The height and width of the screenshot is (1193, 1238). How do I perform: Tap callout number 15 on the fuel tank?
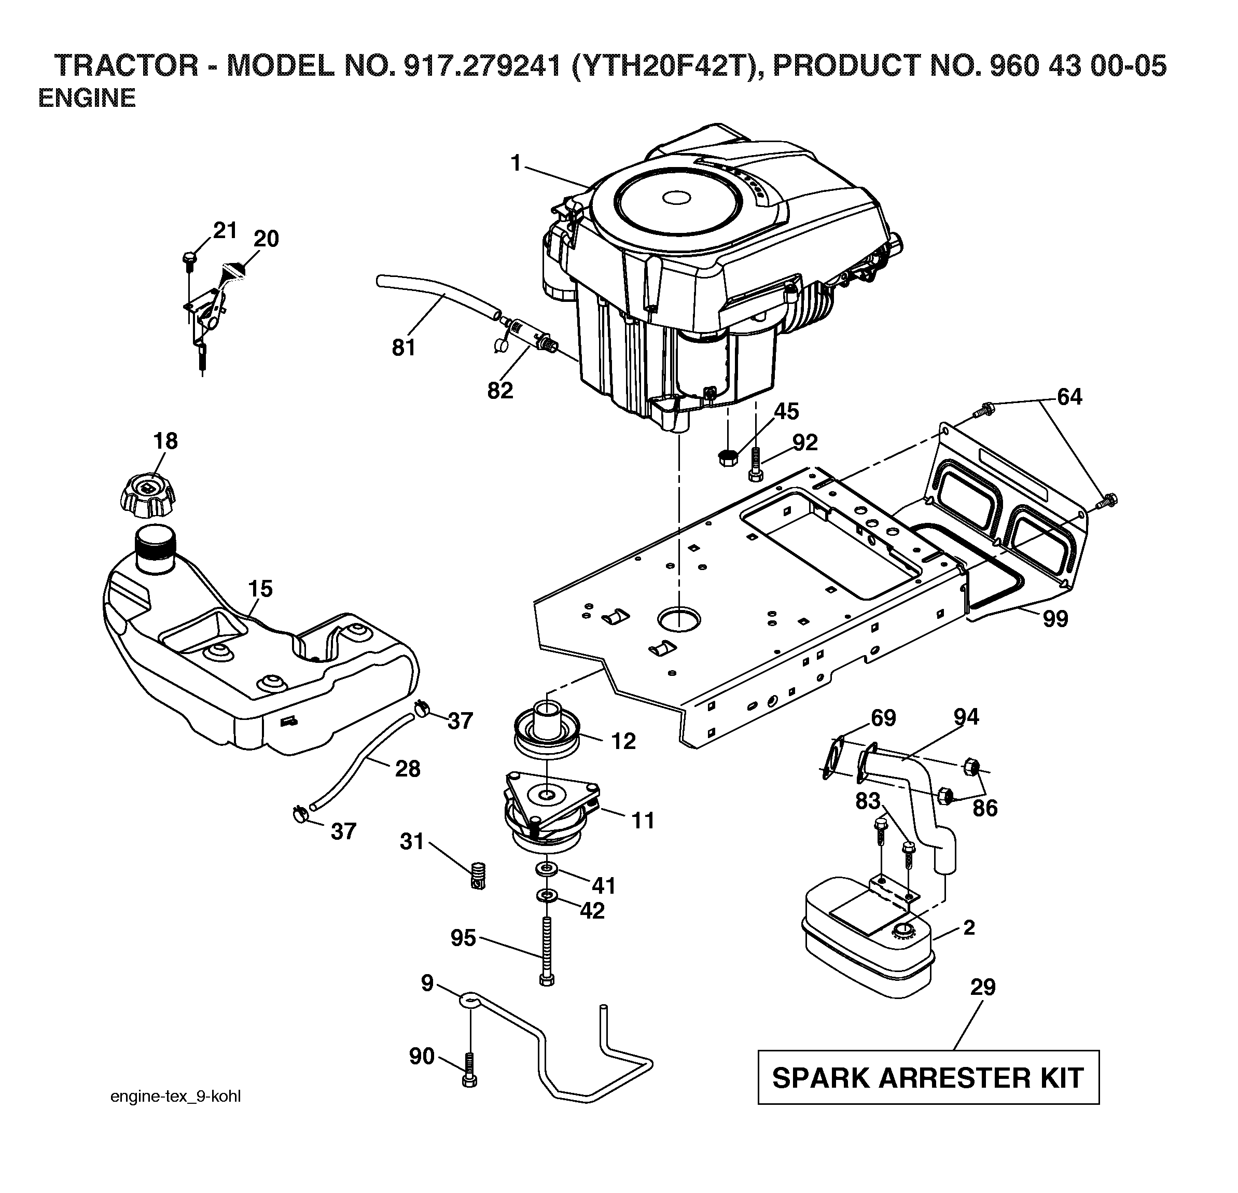click(x=260, y=589)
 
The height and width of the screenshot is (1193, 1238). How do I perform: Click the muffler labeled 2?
click(x=867, y=944)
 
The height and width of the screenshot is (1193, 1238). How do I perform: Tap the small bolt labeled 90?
click(x=470, y=1071)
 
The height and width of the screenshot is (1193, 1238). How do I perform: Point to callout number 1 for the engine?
click(x=516, y=163)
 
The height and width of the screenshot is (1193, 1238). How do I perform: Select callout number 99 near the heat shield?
click(x=1055, y=619)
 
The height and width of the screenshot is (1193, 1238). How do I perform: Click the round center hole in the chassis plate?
click(x=678, y=618)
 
